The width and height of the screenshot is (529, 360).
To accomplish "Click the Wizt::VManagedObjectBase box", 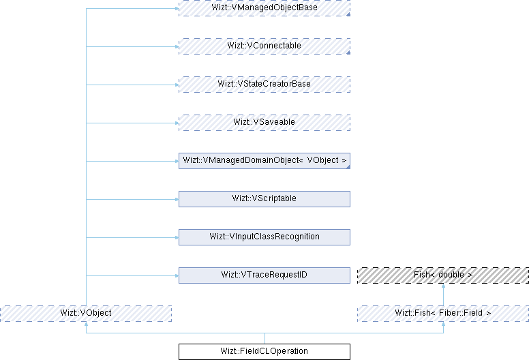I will coord(264,7).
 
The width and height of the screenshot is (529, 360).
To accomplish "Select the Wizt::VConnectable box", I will coord(264,46).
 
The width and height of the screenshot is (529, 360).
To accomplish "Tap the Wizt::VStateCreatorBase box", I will coord(264,84).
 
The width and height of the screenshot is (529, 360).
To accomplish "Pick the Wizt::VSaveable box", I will coord(264,122).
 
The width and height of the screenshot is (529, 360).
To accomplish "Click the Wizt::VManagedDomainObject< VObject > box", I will coord(264,161).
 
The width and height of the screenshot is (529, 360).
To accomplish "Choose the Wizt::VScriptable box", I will coord(264,199).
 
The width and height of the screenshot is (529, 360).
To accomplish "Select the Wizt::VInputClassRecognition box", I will coord(264,237).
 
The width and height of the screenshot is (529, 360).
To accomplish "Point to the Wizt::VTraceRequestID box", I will coord(264,275).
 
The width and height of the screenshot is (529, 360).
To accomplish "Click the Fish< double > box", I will coord(443,275).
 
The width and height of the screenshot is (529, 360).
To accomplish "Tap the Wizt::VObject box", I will coord(85,314).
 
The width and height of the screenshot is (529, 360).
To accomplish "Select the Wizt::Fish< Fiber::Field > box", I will coord(443,314).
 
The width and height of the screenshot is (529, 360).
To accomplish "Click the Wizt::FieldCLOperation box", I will coord(264,352).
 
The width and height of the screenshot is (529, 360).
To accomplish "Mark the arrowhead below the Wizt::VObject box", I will coord(85,325).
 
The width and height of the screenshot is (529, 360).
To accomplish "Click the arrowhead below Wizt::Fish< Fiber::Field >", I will coord(443,325).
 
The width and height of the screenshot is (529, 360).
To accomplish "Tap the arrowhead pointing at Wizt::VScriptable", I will coord(175,199).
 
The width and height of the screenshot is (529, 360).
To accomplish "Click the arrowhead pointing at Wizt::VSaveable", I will coord(175,123).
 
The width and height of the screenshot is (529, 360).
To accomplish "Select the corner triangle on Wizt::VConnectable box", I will coord(348,52).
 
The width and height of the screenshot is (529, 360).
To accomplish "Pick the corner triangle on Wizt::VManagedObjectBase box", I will coord(348,14).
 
